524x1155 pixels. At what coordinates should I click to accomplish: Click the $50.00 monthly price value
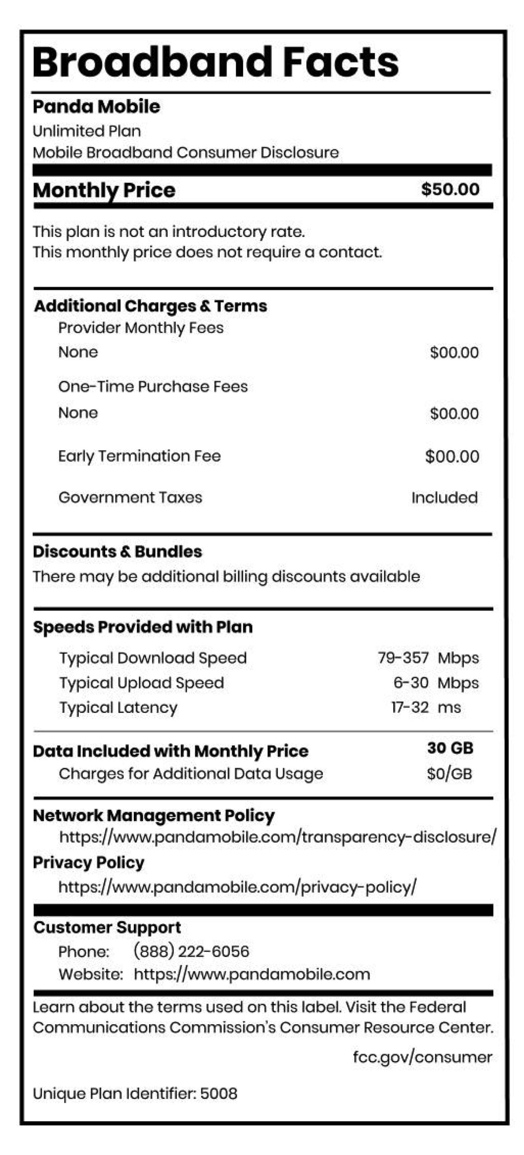pyautogui.click(x=450, y=189)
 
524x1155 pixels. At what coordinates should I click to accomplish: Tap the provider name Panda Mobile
pyautogui.click(x=97, y=107)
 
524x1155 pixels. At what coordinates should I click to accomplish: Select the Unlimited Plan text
pyautogui.click(x=87, y=131)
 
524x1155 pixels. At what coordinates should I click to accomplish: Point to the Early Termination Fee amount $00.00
pyautogui.click(x=452, y=457)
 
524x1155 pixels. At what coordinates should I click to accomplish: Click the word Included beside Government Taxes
pyautogui.click(x=444, y=498)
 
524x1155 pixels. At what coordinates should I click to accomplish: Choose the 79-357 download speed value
pyautogui.click(x=403, y=658)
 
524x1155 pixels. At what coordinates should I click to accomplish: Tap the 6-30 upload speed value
pyautogui.click(x=411, y=683)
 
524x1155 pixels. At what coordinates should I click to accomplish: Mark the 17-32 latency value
pyautogui.click(x=410, y=707)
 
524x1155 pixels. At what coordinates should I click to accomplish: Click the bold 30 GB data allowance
pyautogui.click(x=450, y=748)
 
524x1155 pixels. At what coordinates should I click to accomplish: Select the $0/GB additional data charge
pyautogui.click(x=449, y=774)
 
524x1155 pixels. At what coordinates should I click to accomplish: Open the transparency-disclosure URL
pyautogui.click(x=278, y=837)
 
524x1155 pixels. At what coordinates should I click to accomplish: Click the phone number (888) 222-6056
pyautogui.click(x=191, y=952)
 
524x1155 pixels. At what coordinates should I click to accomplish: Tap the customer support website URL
pyautogui.click(x=252, y=974)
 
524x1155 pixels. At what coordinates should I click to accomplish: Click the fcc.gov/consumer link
pyautogui.click(x=422, y=1057)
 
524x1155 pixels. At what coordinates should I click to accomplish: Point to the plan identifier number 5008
pyautogui.click(x=219, y=1094)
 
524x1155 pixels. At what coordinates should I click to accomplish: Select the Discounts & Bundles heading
pyautogui.click(x=117, y=552)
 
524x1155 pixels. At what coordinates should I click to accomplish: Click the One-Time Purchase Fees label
pyautogui.click(x=153, y=387)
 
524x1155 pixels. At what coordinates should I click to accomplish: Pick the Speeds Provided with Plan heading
pyautogui.click(x=142, y=627)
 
